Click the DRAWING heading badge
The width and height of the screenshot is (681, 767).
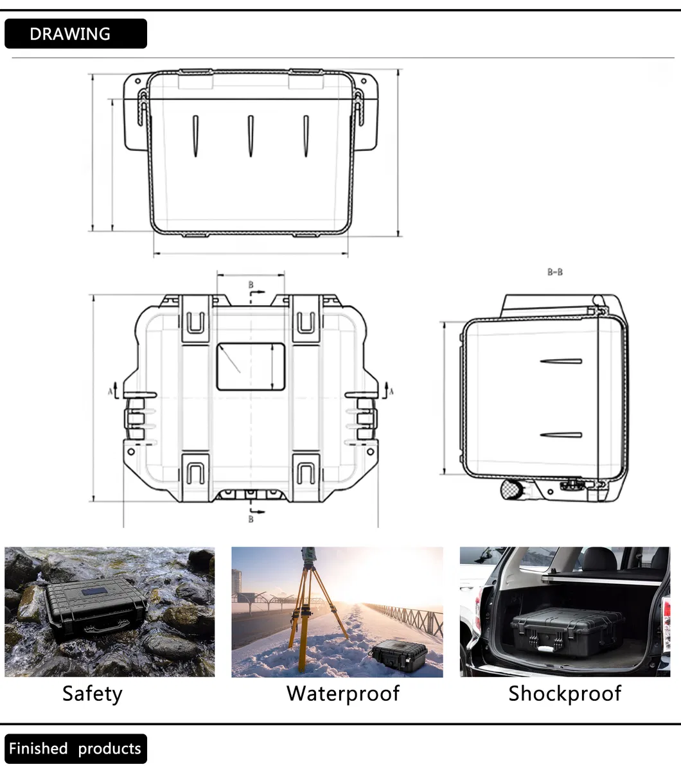click(75, 34)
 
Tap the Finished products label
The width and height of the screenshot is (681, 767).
click(75, 748)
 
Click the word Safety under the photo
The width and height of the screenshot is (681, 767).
click(92, 694)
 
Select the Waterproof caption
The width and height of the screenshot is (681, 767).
click(342, 694)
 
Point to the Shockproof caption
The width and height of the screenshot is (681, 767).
click(565, 694)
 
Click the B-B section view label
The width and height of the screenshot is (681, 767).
click(555, 272)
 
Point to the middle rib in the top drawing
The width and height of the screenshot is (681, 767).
click(251, 136)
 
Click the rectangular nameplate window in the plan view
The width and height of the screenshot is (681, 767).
click(251, 367)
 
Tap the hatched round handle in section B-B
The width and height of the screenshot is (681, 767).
click(512, 489)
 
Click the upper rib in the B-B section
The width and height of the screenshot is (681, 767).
click(562, 361)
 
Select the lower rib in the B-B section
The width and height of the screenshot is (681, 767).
click(562, 435)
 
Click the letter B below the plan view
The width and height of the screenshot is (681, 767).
click(251, 519)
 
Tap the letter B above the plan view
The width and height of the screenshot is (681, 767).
click(251, 285)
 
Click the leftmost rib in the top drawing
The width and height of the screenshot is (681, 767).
click(195, 136)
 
